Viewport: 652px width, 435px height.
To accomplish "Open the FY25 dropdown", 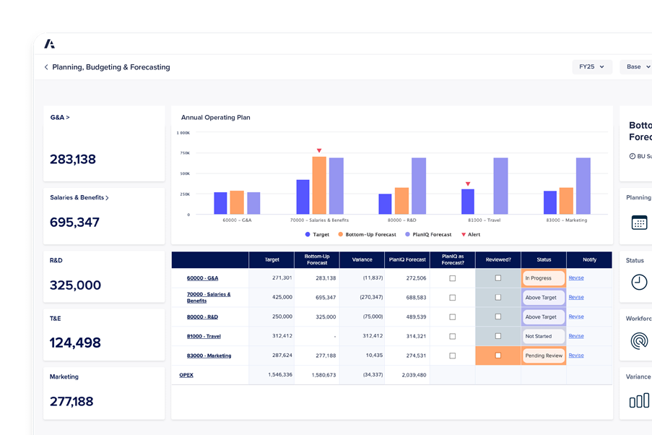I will pyautogui.click(x=591, y=66).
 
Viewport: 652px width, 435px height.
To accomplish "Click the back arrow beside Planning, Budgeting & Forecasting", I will pyautogui.click(x=46, y=67).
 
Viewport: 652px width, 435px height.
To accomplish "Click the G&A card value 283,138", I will pyautogui.click(x=73, y=160).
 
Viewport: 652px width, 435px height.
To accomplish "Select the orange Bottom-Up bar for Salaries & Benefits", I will pyautogui.click(x=319, y=185).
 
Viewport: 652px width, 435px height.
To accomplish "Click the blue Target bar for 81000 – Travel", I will pyautogui.click(x=468, y=201).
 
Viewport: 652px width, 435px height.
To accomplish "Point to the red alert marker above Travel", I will pyautogui.click(x=468, y=184).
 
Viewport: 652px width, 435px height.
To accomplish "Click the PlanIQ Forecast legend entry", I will pyautogui.click(x=431, y=235).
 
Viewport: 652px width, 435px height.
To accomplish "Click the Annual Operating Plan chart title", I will pyautogui.click(x=216, y=117).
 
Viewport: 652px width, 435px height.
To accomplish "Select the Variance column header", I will pyautogui.click(x=362, y=260).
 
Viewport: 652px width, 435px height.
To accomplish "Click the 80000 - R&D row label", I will pyautogui.click(x=202, y=316).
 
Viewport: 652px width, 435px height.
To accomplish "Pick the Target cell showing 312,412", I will pyautogui.click(x=282, y=336).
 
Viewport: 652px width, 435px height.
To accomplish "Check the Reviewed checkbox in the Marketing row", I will pyautogui.click(x=498, y=356).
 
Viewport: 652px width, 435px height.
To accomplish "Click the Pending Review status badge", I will pyautogui.click(x=544, y=356).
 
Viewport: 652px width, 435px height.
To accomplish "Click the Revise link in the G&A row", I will pyautogui.click(x=576, y=277).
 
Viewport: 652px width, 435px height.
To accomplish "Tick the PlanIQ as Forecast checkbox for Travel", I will pyautogui.click(x=453, y=336).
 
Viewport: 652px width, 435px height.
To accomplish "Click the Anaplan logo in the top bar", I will pyautogui.click(x=49, y=43).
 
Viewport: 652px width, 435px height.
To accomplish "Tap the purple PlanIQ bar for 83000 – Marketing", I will pyautogui.click(x=583, y=186).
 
